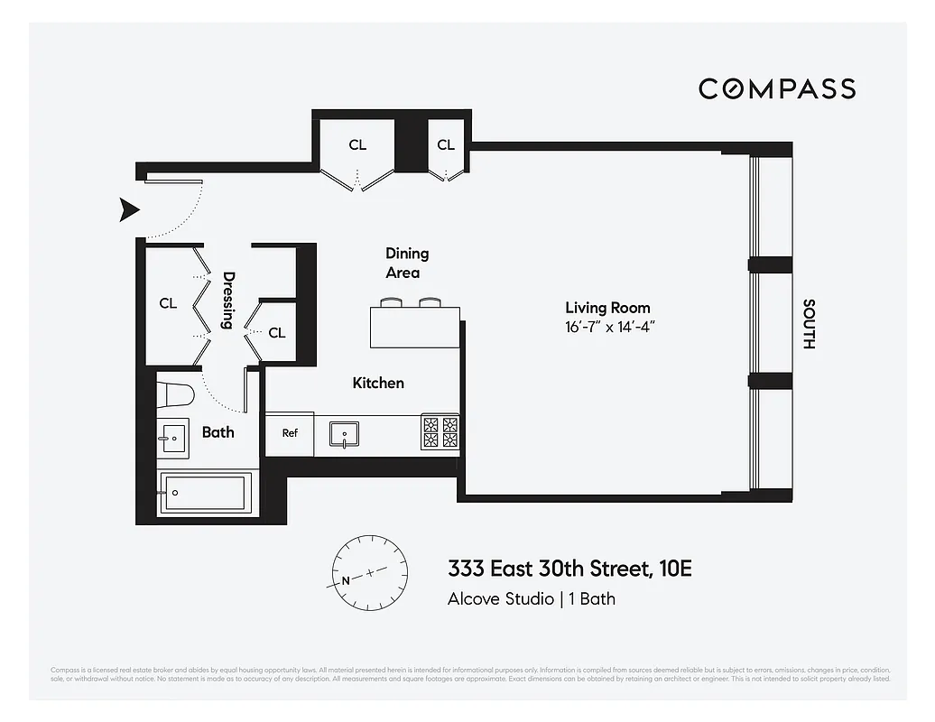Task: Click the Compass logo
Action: [777, 88]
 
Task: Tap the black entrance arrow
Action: [131, 210]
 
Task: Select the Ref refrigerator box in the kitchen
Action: [290, 433]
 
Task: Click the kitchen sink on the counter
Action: [344, 434]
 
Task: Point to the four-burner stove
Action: [440, 432]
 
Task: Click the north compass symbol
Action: [369, 573]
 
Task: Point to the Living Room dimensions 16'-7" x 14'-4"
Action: [608, 327]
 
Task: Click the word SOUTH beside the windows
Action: [809, 324]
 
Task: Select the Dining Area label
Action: [406, 263]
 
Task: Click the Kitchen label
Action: [378, 383]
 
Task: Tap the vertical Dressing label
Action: [229, 301]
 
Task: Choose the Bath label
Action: [218, 432]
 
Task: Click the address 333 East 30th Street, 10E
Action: [569, 569]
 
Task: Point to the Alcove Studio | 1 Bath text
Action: [531, 598]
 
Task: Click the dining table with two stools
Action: [414, 326]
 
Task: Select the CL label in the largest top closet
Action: [358, 144]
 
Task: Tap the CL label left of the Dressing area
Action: [168, 303]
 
